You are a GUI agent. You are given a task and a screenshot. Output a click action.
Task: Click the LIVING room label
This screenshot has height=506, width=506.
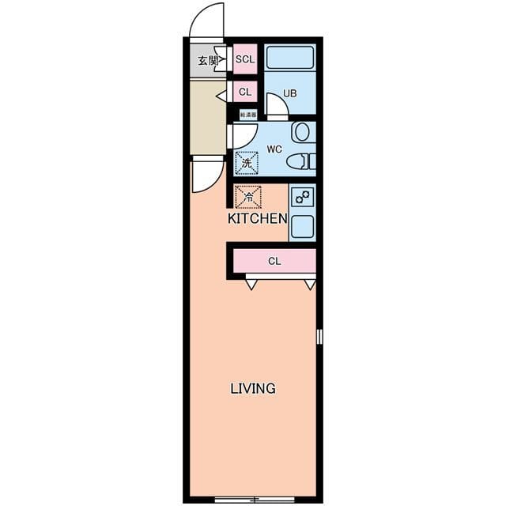(x=252, y=388)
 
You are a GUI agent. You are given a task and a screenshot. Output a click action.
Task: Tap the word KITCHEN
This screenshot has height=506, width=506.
(x=257, y=218)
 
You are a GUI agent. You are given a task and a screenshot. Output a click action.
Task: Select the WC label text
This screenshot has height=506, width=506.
(x=274, y=149)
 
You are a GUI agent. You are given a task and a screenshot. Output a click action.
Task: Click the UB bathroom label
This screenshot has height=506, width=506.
(x=290, y=93)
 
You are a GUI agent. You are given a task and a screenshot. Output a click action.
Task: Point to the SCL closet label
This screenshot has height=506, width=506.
(x=245, y=59)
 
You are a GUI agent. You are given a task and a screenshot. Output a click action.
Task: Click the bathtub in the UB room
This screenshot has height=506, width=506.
(x=290, y=58)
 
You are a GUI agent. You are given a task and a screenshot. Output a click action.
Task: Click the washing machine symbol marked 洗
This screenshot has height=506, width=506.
(x=247, y=164)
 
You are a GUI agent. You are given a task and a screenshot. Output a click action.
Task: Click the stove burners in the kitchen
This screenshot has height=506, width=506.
(x=302, y=195)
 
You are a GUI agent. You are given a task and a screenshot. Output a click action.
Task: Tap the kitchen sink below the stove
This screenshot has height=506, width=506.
(x=302, y=226)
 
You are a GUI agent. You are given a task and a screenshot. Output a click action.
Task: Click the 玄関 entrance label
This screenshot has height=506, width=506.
(x=208, y=60)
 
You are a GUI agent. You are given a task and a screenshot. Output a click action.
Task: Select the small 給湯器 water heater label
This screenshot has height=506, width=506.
(x=247, y=115)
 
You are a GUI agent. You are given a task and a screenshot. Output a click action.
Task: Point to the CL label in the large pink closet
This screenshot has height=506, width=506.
(x=274, y=261)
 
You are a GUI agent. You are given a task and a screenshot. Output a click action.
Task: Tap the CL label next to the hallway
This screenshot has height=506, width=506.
(x=245, y=92)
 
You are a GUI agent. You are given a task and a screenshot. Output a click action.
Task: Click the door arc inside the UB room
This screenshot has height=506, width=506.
(x=275, y=105)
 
